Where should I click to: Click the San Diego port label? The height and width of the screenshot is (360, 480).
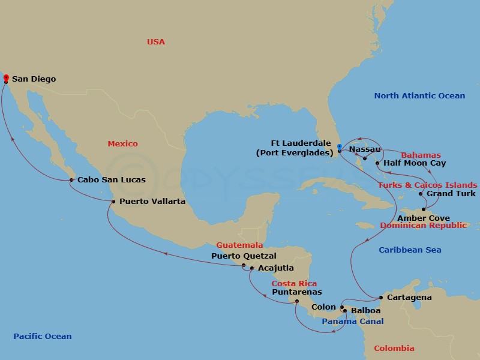34,79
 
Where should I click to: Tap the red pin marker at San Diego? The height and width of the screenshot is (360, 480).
6,78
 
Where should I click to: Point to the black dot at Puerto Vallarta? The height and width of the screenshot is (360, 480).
113,202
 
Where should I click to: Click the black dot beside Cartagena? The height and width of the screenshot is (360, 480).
381,298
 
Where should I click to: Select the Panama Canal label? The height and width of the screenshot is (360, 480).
353,322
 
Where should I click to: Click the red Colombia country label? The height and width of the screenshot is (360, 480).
394,348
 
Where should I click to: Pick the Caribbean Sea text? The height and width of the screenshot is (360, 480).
410,250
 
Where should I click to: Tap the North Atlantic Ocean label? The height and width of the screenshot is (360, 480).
419,95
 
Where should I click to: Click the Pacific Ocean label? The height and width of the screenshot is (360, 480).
43,337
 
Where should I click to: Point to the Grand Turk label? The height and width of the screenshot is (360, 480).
451,194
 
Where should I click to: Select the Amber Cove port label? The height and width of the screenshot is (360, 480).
424,218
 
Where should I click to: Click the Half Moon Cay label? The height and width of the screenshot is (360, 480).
415,163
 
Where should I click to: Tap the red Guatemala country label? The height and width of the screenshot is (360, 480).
239,245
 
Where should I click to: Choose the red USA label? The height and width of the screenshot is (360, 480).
156,41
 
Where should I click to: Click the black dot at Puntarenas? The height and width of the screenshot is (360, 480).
297,301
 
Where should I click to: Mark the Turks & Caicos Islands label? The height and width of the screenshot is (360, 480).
428,185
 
